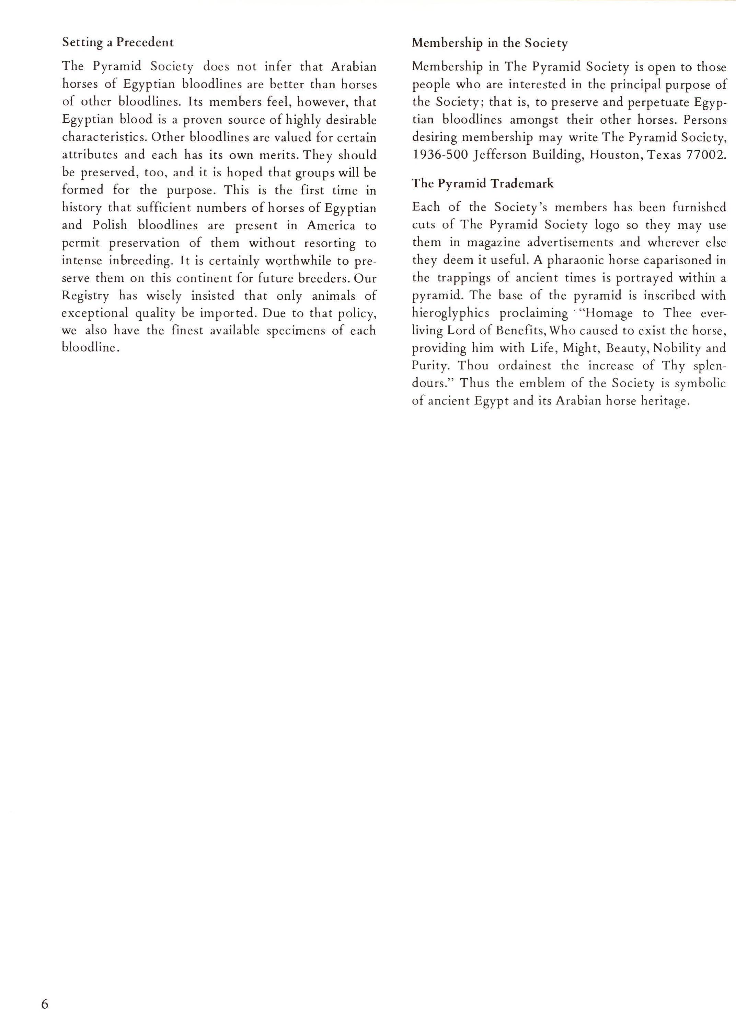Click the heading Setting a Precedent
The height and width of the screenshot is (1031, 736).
tap(118, 43)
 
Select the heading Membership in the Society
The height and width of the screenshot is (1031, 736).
tap(490, 43)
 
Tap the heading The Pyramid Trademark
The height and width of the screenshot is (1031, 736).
tap(483, 183)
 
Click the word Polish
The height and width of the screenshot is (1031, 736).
tap(110, 225)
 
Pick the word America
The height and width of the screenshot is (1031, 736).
tap(331, 225)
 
